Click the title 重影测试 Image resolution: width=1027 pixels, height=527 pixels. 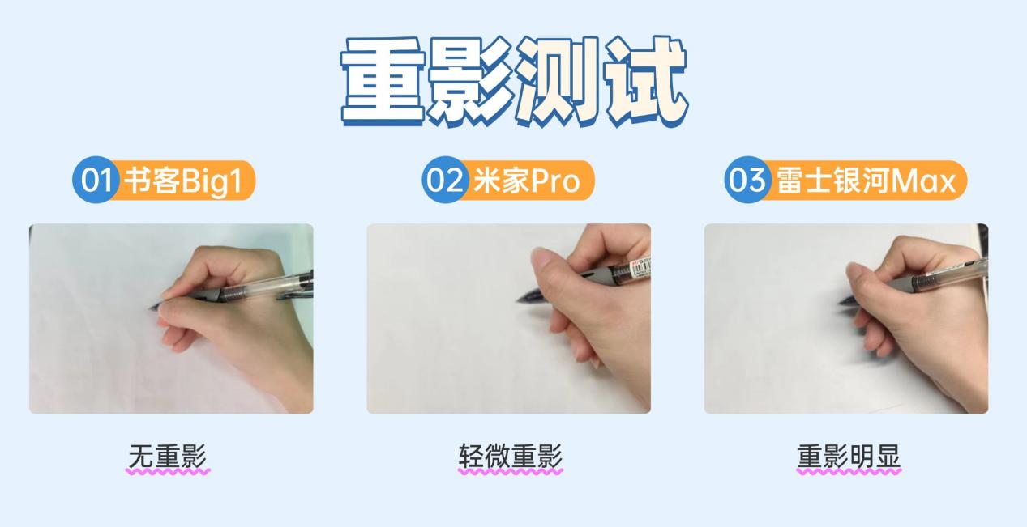[514, 82]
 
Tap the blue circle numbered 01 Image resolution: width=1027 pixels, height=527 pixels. [96, 180]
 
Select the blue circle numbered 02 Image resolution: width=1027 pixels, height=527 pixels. [445, 180]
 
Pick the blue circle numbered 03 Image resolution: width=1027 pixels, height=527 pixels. [747, 180]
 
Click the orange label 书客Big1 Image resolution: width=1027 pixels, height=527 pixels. [183, 181]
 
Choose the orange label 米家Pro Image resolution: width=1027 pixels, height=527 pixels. [527, 181]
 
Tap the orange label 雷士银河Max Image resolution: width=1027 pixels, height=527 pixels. [866, 181]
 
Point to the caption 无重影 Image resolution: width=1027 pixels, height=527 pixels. [167, 456]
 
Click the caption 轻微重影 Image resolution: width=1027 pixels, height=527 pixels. [511, 456]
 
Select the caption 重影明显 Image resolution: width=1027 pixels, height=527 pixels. [849, 456]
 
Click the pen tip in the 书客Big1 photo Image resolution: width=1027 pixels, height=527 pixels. [152, 308]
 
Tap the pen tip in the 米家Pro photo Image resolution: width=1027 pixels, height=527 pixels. [519, 300]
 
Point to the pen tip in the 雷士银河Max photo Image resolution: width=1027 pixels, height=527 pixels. [841, 303]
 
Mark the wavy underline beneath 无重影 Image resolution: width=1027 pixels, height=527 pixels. [168, 472]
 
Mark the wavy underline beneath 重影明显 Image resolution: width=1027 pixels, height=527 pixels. [849, 472]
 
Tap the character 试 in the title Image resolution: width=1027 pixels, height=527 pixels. [647, 82]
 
